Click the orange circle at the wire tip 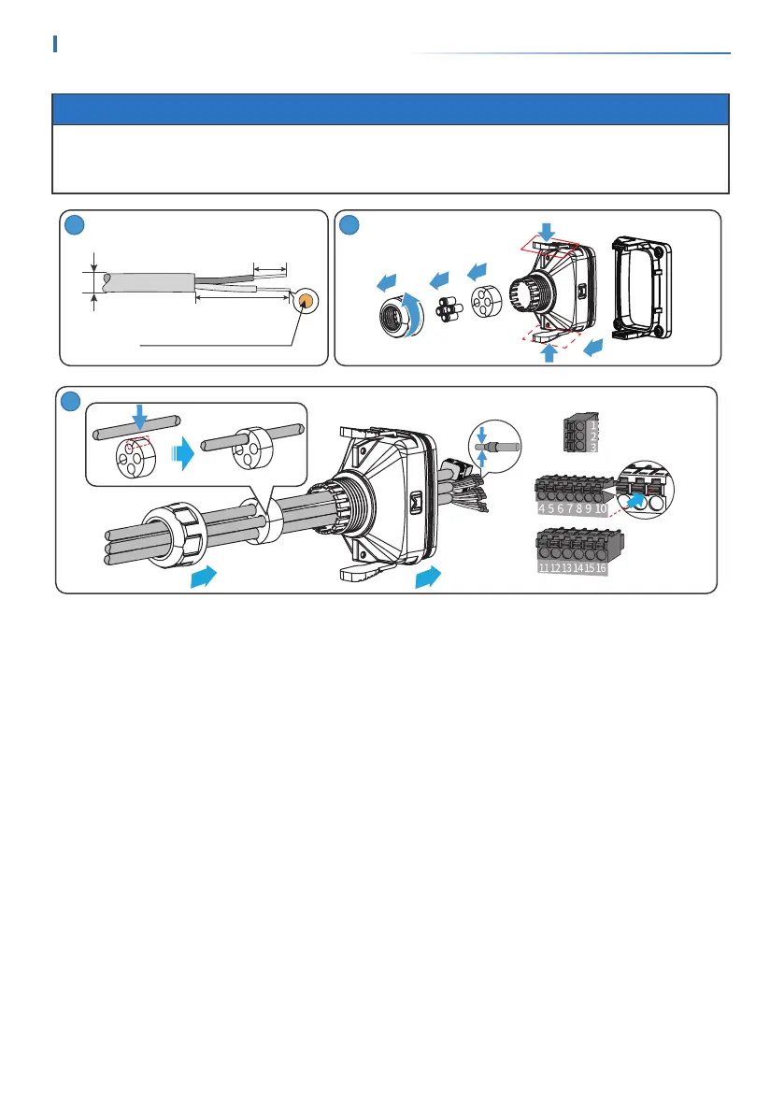point(306,301)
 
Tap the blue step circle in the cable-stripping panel point(74,226)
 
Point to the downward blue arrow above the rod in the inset point(137,416)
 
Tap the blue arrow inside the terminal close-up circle point(637,502)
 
